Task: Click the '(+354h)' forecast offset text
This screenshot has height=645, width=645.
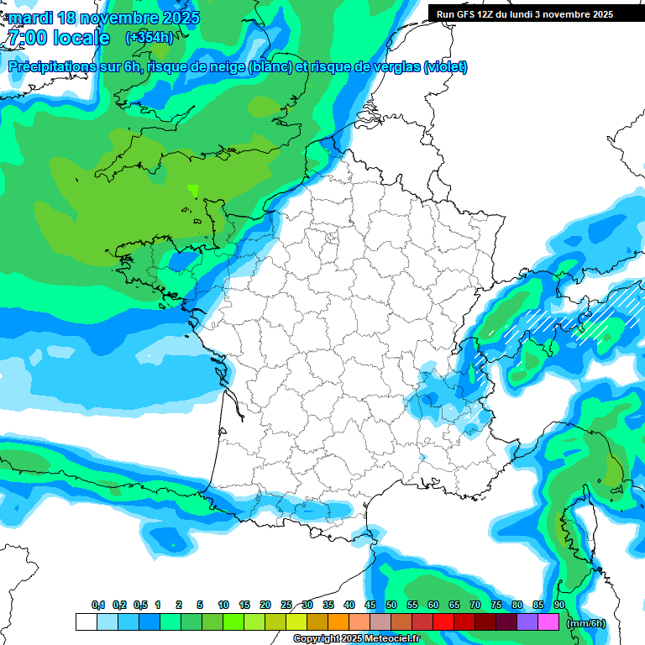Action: (149, 37)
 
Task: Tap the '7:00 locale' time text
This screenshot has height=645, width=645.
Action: (59, 38)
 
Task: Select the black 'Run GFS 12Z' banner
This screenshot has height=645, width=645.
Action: (525, 13)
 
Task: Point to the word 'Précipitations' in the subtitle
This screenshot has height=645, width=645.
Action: (51, 67)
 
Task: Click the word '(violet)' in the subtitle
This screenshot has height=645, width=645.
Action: (445, 67)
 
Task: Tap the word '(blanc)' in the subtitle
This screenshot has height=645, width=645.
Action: (270, 67)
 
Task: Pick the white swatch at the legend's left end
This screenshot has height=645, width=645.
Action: (86, 622)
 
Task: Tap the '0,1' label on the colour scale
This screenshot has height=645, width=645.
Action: (98, 606)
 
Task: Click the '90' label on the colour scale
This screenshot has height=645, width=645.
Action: (559, 606)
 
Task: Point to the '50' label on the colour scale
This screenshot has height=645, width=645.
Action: (391, 606)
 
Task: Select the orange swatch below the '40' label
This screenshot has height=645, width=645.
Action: (338, 622)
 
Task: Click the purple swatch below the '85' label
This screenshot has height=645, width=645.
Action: (527, 622)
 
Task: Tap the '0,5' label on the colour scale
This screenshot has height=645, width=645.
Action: (140, 606)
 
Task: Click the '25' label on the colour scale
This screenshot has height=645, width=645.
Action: (286, 606)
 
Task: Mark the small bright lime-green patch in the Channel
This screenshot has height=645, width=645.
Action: (194, 191)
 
